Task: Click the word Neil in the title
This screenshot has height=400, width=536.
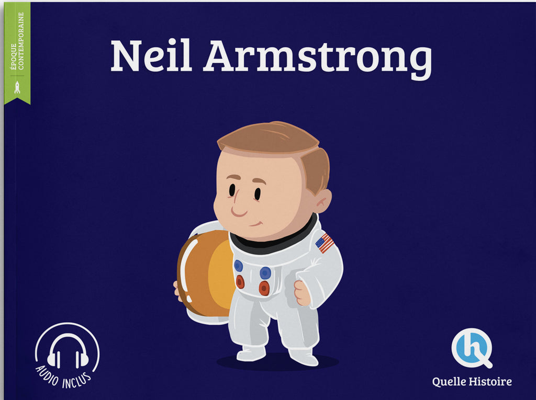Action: click(x=151, y=55)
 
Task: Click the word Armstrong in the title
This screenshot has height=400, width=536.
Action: click(x=318, y=59)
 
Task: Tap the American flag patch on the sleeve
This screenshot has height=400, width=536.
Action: click(x=325, y=243)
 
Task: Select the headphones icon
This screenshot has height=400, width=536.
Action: click(x=68, y=350)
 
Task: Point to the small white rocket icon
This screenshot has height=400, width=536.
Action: click(x=17, y=87)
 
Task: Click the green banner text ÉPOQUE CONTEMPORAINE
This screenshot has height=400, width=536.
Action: click(x=17, y=41)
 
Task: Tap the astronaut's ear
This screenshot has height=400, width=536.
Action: click(x=322, y=201)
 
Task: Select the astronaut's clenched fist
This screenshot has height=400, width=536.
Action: click(x=302, y=293)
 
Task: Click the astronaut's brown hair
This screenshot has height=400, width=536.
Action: click(x=277, y=150)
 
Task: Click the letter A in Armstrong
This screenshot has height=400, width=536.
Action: click(x=219, y=55)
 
